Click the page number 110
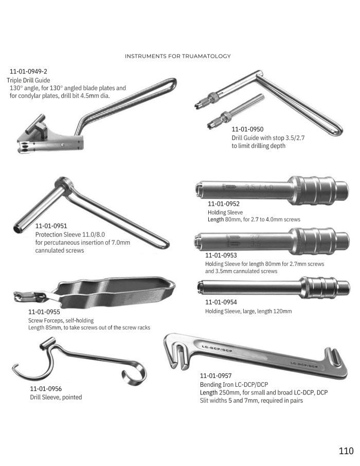pos(346,451)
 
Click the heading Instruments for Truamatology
pos(178,56)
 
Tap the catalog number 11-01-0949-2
pos(28,71)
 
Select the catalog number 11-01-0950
pos(247,129)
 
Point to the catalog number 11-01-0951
pos(51,226)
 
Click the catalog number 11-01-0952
pos(224,204)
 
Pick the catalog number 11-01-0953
pos(221,255)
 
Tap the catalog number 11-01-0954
pos(221,302)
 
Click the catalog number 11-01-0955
pos(44,312)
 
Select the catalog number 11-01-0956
pos(46,389)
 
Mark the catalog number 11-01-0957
pos(215,376)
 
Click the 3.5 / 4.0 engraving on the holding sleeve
pos(259,188)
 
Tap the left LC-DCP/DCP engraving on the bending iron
pos(217,349)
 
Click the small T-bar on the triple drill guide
pos(35,124)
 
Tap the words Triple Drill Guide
pos(28,80)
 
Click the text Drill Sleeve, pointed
pos(56,398)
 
